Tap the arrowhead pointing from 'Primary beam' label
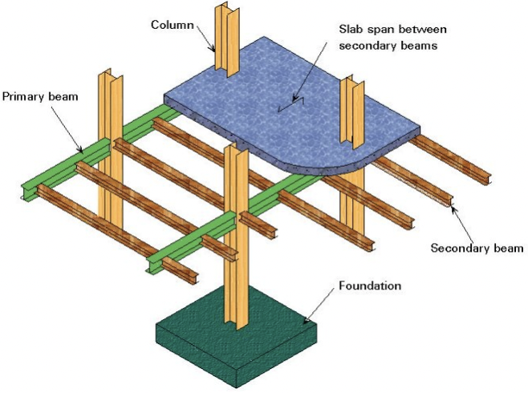tap(83, 150)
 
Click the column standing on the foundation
tap(236, 241)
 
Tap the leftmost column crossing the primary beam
tap(109, 144)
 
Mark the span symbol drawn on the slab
tap(302, 101)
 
